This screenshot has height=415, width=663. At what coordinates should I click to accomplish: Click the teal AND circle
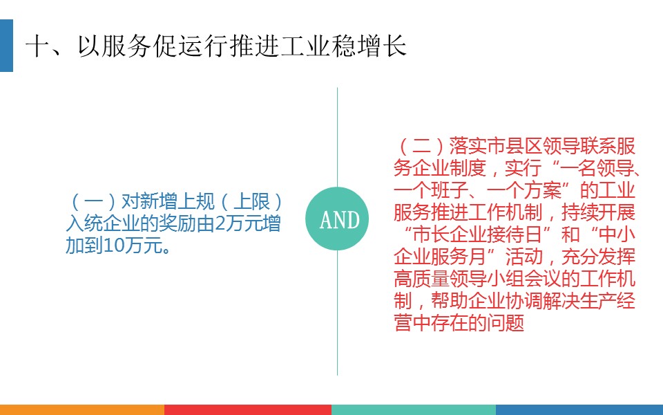tap(337, 219)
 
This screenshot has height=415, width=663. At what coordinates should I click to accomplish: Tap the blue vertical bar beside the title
tap(6, 46)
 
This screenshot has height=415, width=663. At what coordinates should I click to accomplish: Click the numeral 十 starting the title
tap(38, 46)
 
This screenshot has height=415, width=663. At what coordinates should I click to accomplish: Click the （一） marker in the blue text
tap(93, 201)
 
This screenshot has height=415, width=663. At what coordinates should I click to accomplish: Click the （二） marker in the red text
tap(421, 146)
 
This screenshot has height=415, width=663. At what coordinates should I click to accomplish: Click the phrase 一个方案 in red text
tap(524, 190)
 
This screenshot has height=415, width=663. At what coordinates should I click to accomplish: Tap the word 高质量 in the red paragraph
tap(421, 278)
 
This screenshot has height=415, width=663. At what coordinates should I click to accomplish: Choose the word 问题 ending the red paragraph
tap(506, 322)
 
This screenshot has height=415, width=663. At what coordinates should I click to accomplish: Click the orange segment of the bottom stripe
tap(82, 409)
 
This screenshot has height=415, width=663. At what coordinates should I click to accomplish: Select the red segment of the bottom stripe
tap(248, 409)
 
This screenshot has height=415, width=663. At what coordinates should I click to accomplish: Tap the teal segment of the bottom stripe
tap(414, 409)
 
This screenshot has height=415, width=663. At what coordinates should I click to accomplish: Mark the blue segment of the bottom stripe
tap(579, 409)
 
